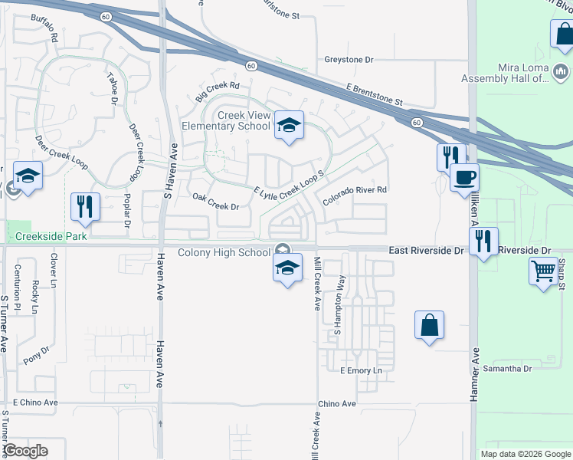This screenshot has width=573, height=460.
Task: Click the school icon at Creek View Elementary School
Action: (289, 126)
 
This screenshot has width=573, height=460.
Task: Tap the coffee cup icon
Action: (464, 178)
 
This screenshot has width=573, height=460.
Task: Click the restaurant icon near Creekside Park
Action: (84, 207)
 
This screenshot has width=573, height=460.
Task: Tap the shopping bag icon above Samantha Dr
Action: (429, 324)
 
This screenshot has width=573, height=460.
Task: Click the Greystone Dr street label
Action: (348, 59)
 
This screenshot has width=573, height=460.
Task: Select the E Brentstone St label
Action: (375, 95)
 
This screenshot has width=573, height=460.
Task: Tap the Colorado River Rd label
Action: (355, 195)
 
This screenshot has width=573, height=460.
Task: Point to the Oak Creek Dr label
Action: (215, 206)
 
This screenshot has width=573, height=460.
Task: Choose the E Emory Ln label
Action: (360, 370)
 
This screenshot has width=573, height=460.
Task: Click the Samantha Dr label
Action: (506, 369)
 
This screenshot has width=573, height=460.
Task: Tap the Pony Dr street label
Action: (36, 353)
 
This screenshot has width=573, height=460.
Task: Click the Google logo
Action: (25, 451)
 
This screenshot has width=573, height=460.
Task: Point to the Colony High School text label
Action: (224, 252)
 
